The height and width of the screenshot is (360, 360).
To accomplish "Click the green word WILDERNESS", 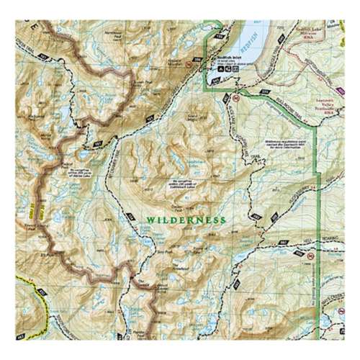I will tap(186, 220).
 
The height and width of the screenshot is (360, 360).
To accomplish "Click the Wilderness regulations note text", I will tap(284, 147).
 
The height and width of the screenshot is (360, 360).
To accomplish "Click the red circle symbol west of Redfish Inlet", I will tap(189, 66).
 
